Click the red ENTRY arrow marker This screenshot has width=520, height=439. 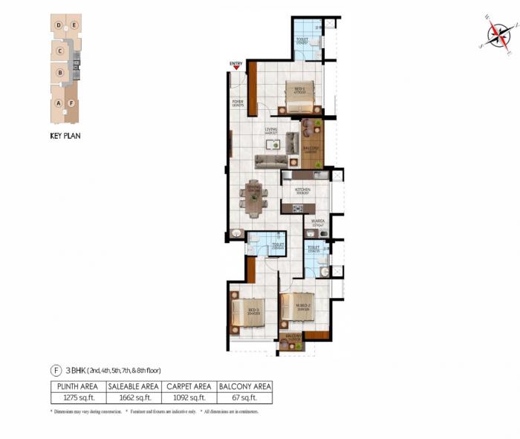[x=236, y=68]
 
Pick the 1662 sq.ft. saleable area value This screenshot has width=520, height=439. [x=133, y=398]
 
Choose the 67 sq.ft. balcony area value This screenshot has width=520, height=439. [x=244, y=398]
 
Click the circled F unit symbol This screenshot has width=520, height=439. [x=55, y=369]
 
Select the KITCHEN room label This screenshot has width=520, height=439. [x=302, y=190]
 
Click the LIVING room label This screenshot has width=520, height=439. [x=271, y=130]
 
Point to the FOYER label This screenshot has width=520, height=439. [x=238, y=103]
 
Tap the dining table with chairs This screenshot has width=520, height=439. [x=253, y=198]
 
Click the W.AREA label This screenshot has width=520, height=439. [x=317, y=220]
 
